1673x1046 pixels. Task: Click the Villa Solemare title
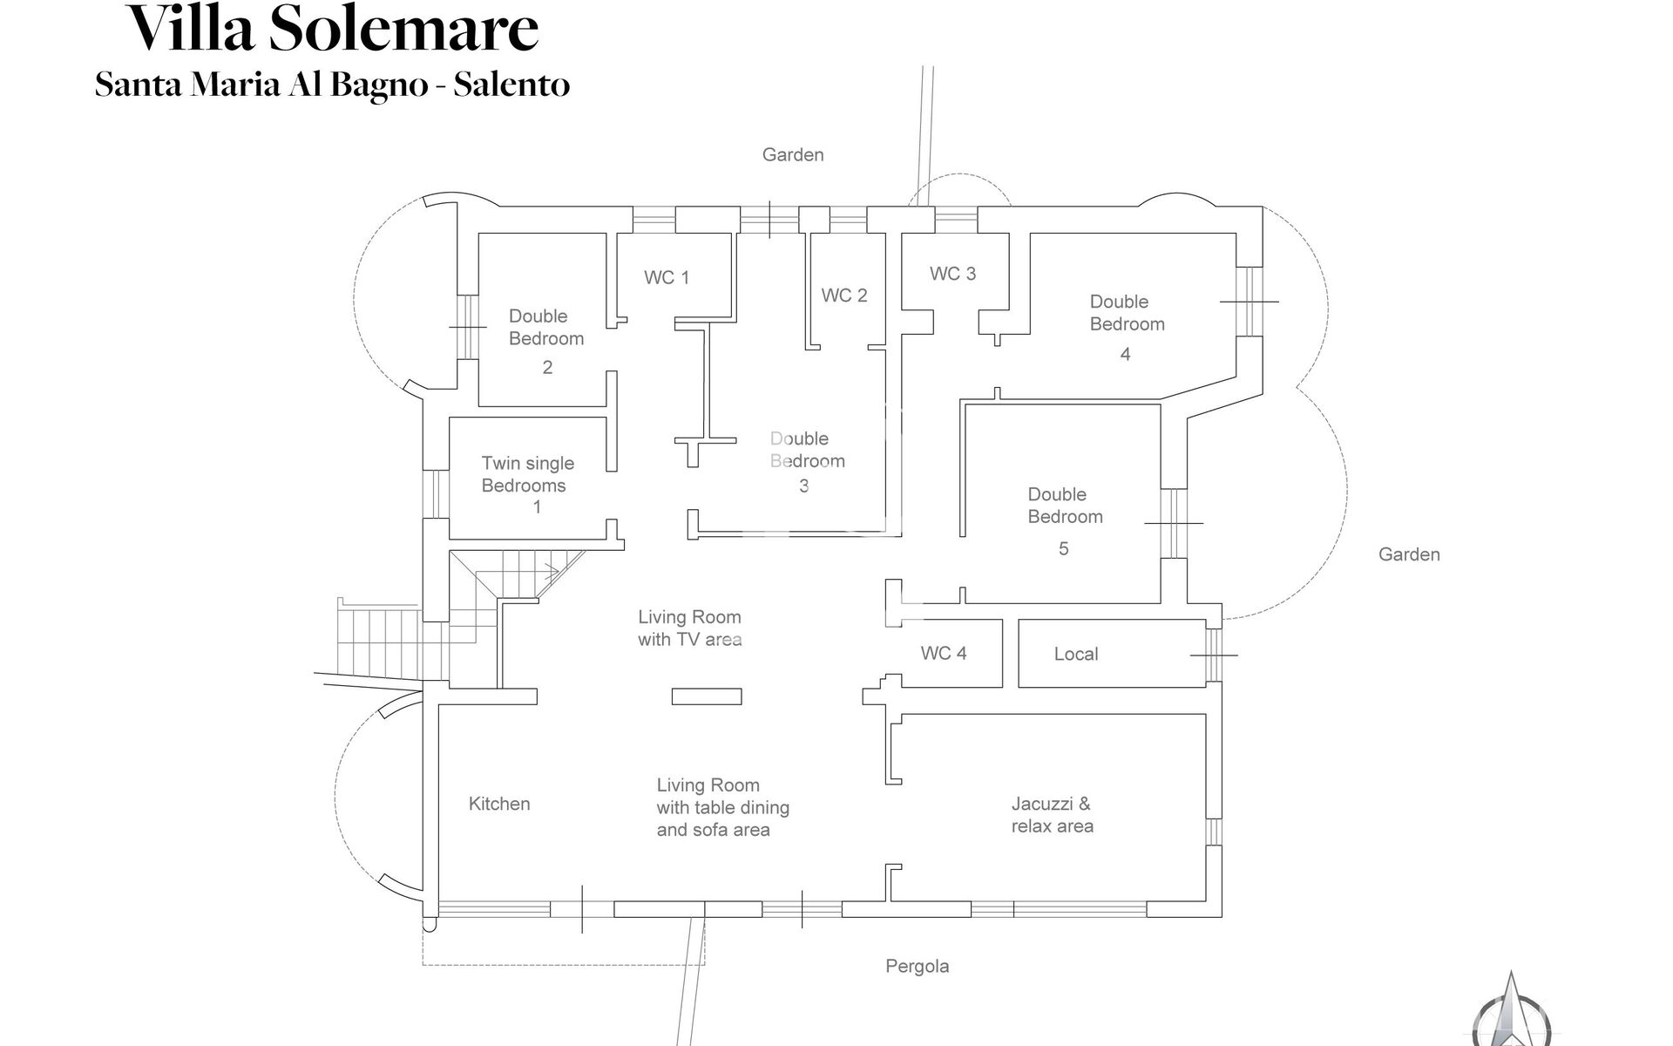coord(333,28)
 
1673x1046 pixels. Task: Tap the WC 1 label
coord(667,278)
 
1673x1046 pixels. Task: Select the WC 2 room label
coord(844,295)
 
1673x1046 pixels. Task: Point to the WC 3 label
coord(952,274)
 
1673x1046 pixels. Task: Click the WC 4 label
coord(944,654)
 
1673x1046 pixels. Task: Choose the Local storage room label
coord(1076,655)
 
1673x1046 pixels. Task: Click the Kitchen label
coord(499,804)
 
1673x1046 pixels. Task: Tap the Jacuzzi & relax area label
coord(1052,815)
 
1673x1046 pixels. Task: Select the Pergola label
coord(917,966)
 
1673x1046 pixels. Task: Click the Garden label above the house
coord(793,155)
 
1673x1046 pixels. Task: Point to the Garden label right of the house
coord(1409,554)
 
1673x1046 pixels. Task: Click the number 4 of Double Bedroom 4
coord(1125,355)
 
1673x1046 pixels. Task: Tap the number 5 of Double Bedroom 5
coord(1063,549)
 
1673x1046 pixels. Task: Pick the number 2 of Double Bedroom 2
coord(547,368)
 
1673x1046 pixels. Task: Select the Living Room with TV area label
coord(689,628)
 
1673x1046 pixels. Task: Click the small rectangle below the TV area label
coord(707,696)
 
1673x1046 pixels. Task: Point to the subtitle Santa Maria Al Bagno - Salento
coord(333,85)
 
